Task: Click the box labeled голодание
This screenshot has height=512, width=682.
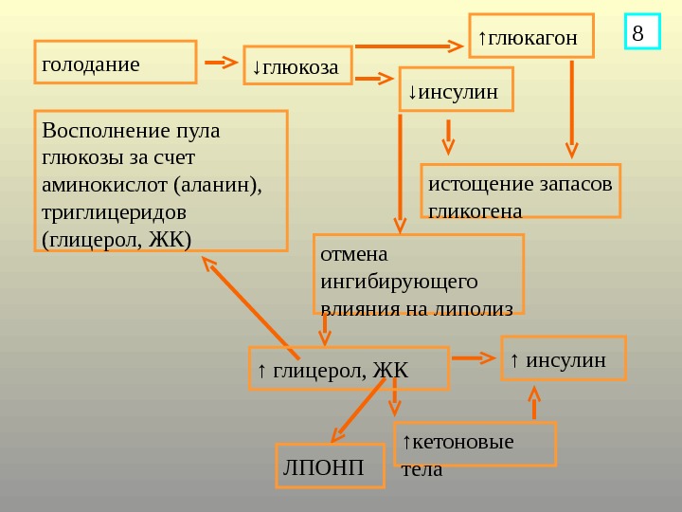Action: pos(115,63)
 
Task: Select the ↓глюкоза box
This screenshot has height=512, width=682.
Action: pos(297,65)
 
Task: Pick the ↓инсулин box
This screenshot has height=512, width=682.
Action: pos(456,90)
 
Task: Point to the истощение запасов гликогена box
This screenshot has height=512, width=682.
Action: pos(520,191)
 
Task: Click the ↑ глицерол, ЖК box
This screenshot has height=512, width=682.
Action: pos(348,369)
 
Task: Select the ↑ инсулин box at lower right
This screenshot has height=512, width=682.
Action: pos(563,358)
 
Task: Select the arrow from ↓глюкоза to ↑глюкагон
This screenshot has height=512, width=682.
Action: pos(408,45)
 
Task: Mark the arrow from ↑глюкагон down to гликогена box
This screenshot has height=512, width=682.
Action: pos(571,104)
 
